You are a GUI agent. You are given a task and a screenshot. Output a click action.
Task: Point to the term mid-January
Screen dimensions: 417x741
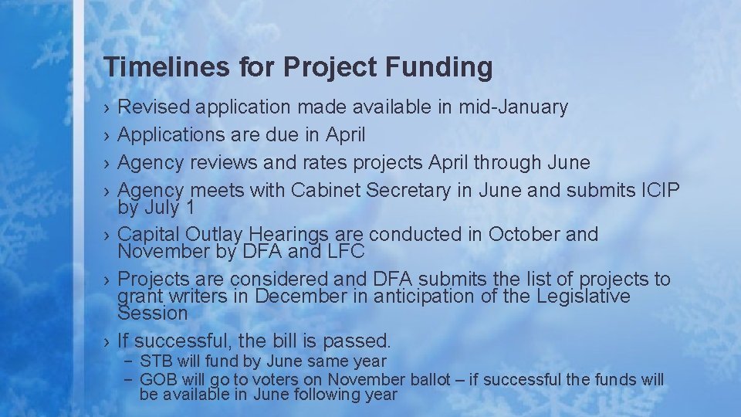point(513,107)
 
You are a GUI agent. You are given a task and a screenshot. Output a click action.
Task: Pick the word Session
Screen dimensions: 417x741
point(152,313)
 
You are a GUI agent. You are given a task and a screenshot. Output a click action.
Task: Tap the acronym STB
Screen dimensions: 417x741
point(157,361)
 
